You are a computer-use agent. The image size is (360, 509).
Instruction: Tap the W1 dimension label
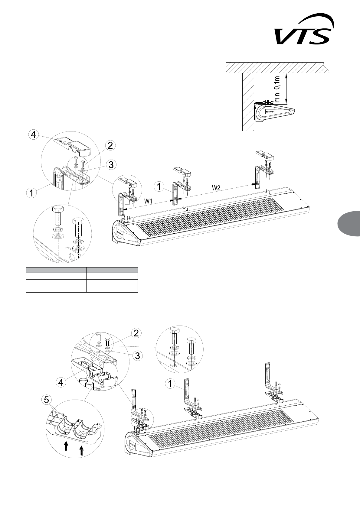[x=148, y=201]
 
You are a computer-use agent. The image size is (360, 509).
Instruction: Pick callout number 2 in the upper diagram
[x=110, y=145]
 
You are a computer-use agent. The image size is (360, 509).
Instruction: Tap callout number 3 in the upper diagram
[x=112, y=164]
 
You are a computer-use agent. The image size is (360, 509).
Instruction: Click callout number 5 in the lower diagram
[x=46, y=400]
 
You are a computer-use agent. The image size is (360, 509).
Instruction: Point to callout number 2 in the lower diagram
[x=136, y=333]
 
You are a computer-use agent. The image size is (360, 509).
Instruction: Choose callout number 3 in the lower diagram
[x=138, y=356]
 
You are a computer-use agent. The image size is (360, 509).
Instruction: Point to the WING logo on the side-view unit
[x=270, y=111]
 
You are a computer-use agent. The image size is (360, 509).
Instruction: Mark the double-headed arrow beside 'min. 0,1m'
[x=287, y=88]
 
